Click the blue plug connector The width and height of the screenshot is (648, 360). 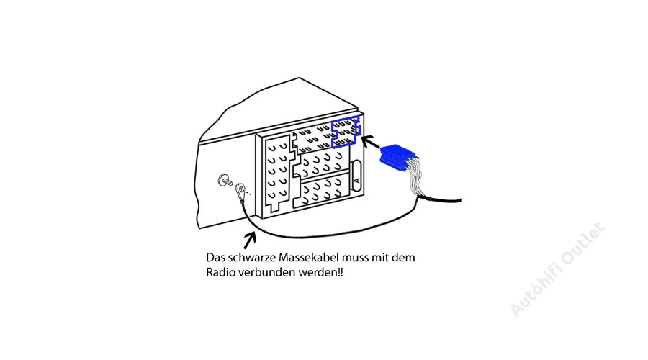(x=397, y=157)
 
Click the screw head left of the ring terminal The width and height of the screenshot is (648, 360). (x=224, y=180)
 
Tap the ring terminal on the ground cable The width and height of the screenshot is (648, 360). (x=240, y=192)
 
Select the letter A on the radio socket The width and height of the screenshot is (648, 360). (x=357, y=180)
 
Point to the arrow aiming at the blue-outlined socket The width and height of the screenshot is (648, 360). (x=371, y=142)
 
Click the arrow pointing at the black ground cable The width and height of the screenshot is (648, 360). (x=250, y=240)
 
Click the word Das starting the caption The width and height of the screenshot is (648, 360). (x=215, y=258)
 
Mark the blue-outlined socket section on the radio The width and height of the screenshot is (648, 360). (x=346, y=132)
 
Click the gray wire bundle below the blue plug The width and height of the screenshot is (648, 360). (x=414, y=178)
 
